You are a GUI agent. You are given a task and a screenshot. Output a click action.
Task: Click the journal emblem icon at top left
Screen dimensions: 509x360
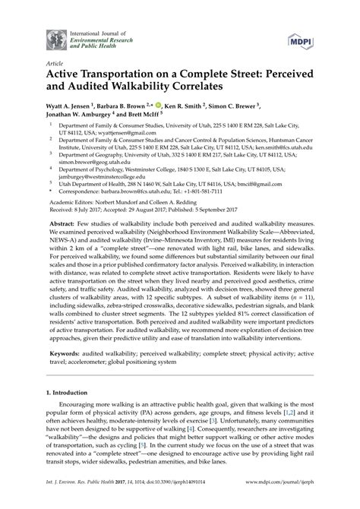53,35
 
